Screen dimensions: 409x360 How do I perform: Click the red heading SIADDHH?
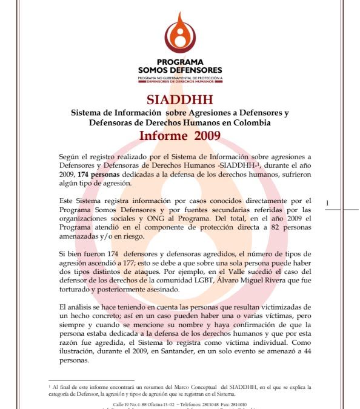179,100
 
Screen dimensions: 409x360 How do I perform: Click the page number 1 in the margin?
327,202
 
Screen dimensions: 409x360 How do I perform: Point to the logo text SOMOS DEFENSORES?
180,70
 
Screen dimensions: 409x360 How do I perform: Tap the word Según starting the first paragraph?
80,156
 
